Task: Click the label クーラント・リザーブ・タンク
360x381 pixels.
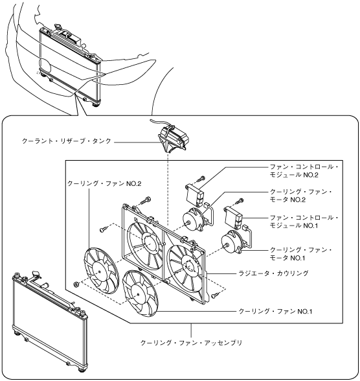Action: click(x=67, y=141)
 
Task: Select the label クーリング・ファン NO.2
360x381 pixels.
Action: click(x=104, y=183)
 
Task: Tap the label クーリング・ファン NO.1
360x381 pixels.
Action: click(x=275, y=311)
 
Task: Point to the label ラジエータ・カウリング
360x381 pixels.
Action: click(x=273, y=273)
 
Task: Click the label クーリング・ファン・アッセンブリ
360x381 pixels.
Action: click(x=191, y=343)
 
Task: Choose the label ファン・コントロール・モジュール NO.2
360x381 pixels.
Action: click(x=304, y=171)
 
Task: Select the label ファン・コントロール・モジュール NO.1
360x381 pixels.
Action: click(x=304, y=222)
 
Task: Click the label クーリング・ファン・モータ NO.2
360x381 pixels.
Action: click(x=301, y=196)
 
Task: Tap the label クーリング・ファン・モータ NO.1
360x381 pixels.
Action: click(x=301, y=254)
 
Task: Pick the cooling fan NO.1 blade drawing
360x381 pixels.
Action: click(x=140, y=294)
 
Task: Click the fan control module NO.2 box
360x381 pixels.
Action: click(x=195, y=194)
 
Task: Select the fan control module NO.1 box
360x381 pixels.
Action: click(x=234, y=217)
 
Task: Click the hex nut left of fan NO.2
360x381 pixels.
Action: click(x=76, y=284)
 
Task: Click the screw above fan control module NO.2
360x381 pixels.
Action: click(x=201, y=179)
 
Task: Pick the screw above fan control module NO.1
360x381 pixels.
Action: click(x=240, y=201)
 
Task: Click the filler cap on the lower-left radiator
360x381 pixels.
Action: click(x=36, y=274)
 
